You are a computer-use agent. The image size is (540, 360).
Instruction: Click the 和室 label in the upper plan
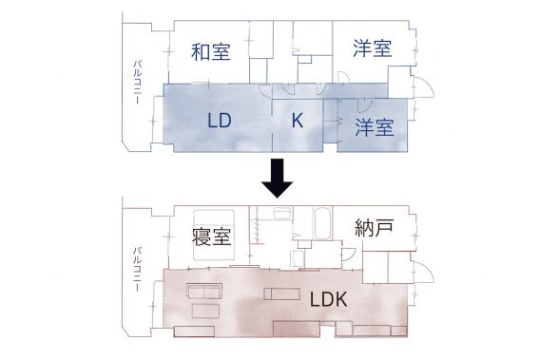point(210,51)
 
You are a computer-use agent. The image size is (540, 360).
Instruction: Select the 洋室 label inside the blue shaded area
point(375,127)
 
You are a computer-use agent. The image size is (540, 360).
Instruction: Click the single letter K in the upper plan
point(297,121)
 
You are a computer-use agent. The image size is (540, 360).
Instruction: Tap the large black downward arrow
point(278,176)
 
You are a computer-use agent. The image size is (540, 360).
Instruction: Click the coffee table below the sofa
point(203,311)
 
